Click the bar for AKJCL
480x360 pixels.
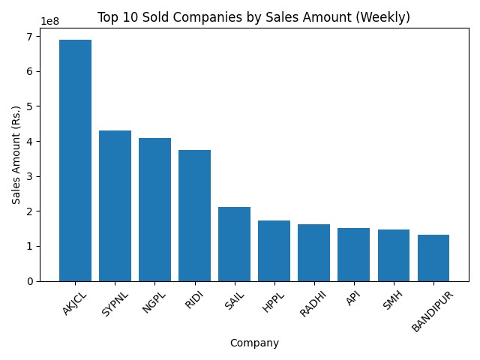(75, 160)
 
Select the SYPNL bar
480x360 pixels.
(115, 205)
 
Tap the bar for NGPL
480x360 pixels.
(154, 209)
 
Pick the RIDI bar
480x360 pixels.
(194, 215)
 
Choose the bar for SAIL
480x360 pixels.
(234, 244)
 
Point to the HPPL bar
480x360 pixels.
(274, 250)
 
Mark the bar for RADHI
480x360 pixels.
(313, 253)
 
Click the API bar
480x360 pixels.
(353, 254)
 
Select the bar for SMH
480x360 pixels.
(393, 255)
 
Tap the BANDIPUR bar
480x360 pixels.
(433, 258)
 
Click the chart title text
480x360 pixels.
(253, 17)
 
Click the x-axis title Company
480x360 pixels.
(254, 343)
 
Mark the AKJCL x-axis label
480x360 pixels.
(75, 304)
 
